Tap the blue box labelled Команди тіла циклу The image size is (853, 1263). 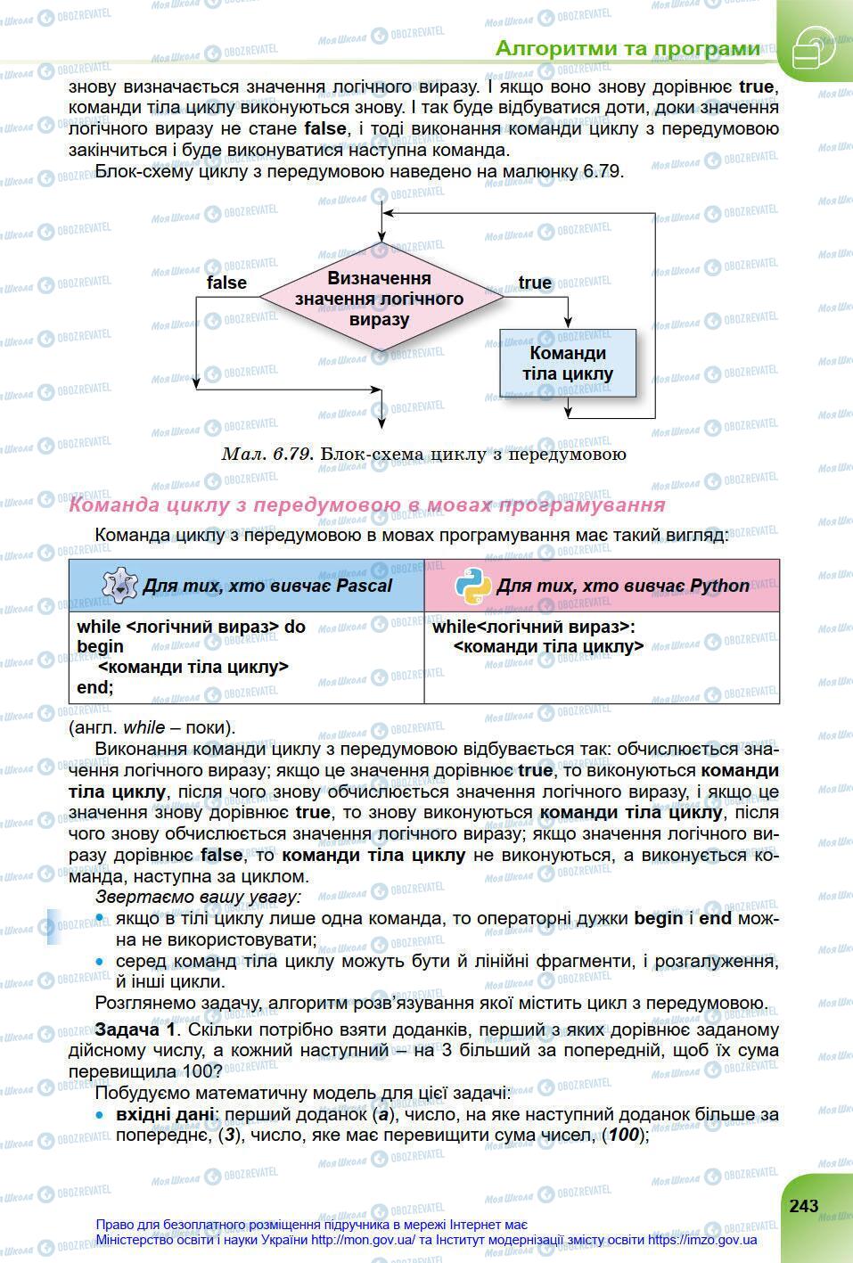coord(568,363)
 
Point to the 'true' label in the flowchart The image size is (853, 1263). coord(535,283)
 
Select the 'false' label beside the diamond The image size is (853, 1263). coord(226,283)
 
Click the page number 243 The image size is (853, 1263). coord(803,1205)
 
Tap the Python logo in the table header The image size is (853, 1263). coord(472,585)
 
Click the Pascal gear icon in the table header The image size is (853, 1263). coord(119,585)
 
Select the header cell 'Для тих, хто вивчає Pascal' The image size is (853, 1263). coord(267,586)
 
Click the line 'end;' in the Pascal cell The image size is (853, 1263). coord(95,687)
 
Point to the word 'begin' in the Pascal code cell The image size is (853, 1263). coord(100,646)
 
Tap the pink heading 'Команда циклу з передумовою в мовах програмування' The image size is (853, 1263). coord(367,505)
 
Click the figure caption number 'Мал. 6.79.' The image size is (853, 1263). coord(267,454)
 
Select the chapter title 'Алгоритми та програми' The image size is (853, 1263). coord(627,48)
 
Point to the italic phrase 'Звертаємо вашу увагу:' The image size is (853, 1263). coord(198,897)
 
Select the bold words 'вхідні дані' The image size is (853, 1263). coord(165,1114)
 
